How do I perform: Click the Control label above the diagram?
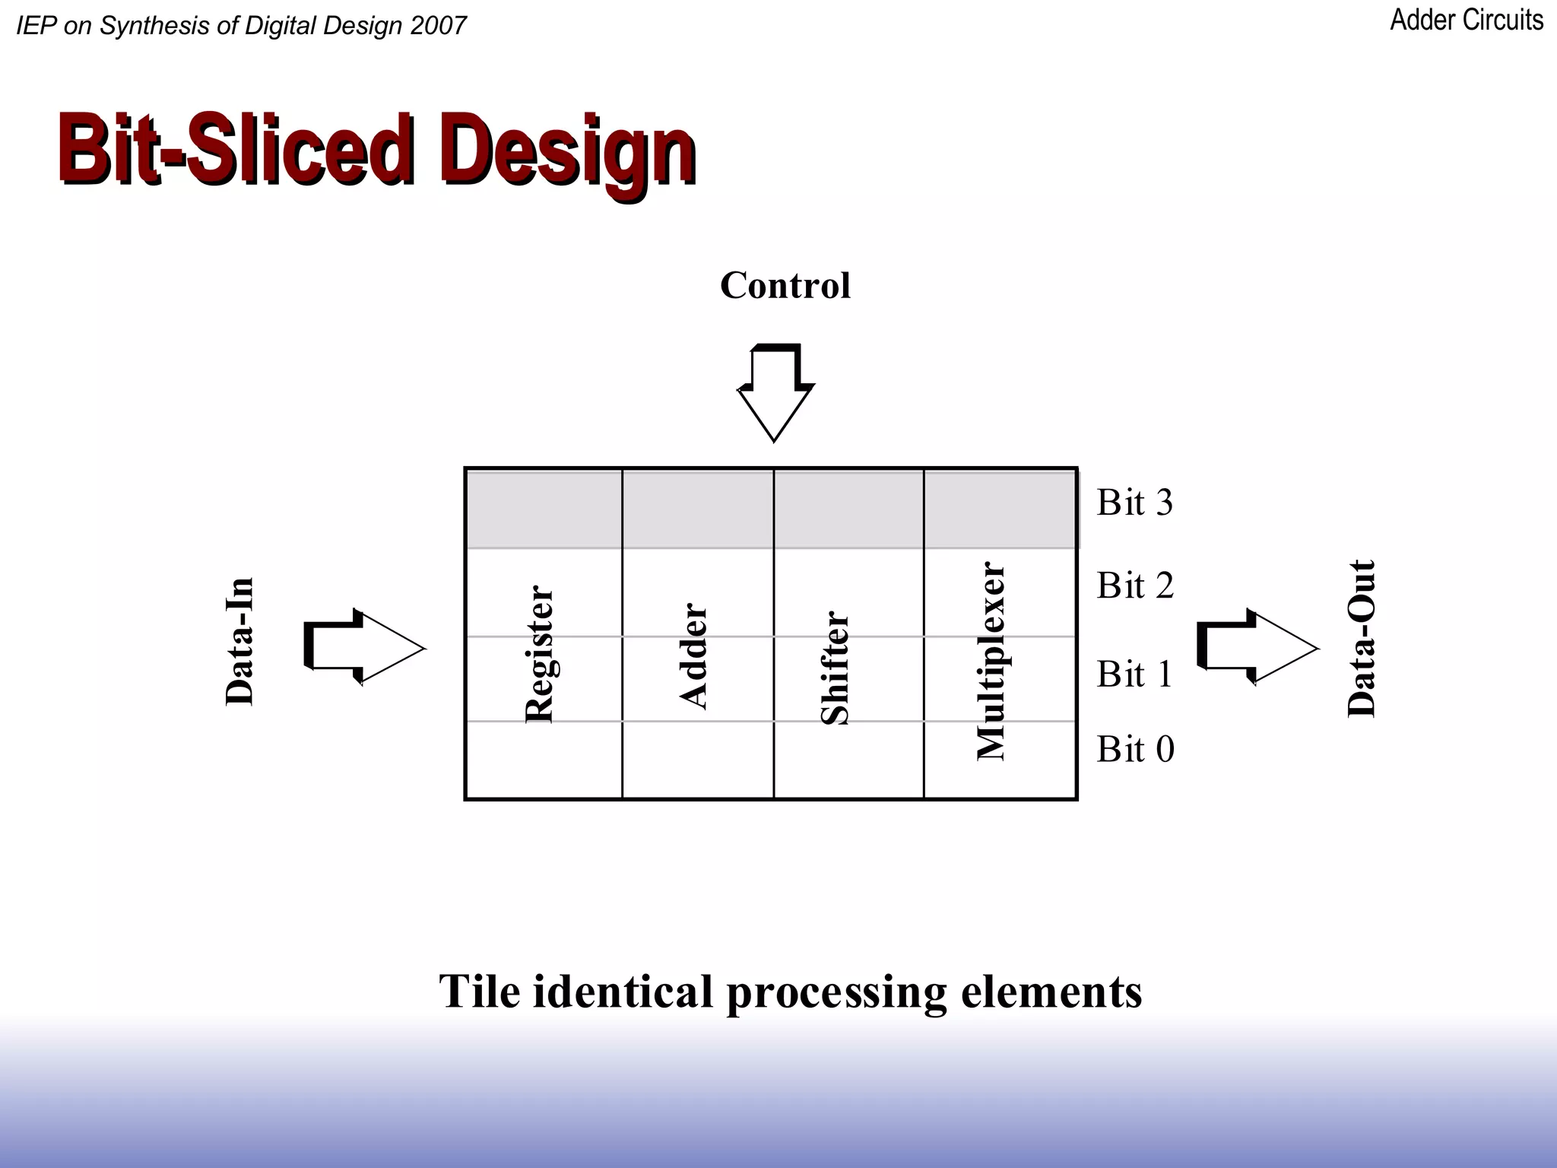tap(785, 286)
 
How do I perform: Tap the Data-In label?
tap(240, 641)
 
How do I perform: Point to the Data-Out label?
tap(1362, 639)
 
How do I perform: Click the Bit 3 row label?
tap(1134, 503)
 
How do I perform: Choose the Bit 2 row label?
tap(1135, 586)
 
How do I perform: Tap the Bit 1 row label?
tap(1134, 674)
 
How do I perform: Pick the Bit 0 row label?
tap(1135, 749)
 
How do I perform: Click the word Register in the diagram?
tap(540, 654)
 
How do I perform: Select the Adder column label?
tap(693, 655)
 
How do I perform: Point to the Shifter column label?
tap(835, 668)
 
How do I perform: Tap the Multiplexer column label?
tap(991, 661)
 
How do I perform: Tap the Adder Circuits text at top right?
tap(1467, 21)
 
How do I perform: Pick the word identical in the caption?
tap(623, 992)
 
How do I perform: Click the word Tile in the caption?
tap(480, 992)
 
